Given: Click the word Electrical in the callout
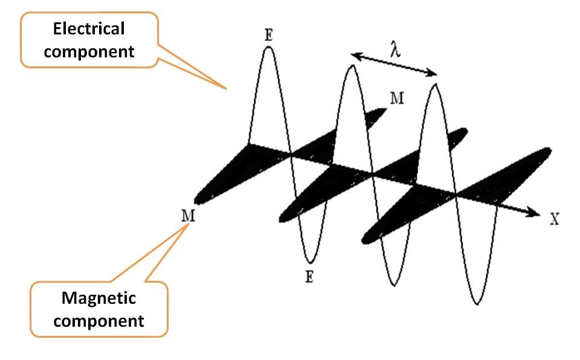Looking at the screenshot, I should (x=88, y=28).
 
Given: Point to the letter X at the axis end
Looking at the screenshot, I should (x=555, y=219).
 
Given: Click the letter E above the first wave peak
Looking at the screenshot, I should (x=269, y=35).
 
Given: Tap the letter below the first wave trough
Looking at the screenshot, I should (x=310, y=277).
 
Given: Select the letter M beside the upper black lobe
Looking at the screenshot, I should (x=396, y=98).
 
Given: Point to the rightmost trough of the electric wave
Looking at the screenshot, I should (x=477, y=304).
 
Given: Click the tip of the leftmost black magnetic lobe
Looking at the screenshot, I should (x=196, y=202).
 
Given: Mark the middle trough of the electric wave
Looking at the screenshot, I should (x=395, y=284).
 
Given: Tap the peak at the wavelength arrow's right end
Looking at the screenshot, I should (x=434, y=85).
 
